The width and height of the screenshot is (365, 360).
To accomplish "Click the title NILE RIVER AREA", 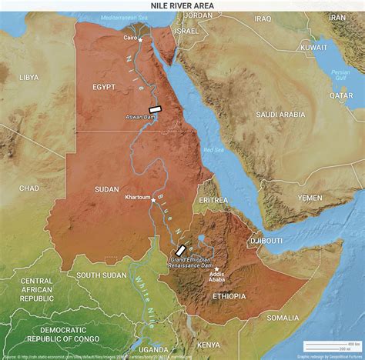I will pyautogui.click(x=182, y=5).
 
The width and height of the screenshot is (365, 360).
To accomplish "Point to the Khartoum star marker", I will pyautogui.click(x=153, y=199).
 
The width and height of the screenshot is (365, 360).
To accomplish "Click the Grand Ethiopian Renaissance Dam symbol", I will pyautogui.click(x=180, y=251).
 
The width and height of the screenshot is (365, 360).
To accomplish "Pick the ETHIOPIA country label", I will pyautogui.click(x=229, y=295).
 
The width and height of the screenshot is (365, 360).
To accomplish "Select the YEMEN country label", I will pyautogui.click(x=310, y=198).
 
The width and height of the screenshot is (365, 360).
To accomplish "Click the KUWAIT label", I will pyautogui.click(x=313, y=47).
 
